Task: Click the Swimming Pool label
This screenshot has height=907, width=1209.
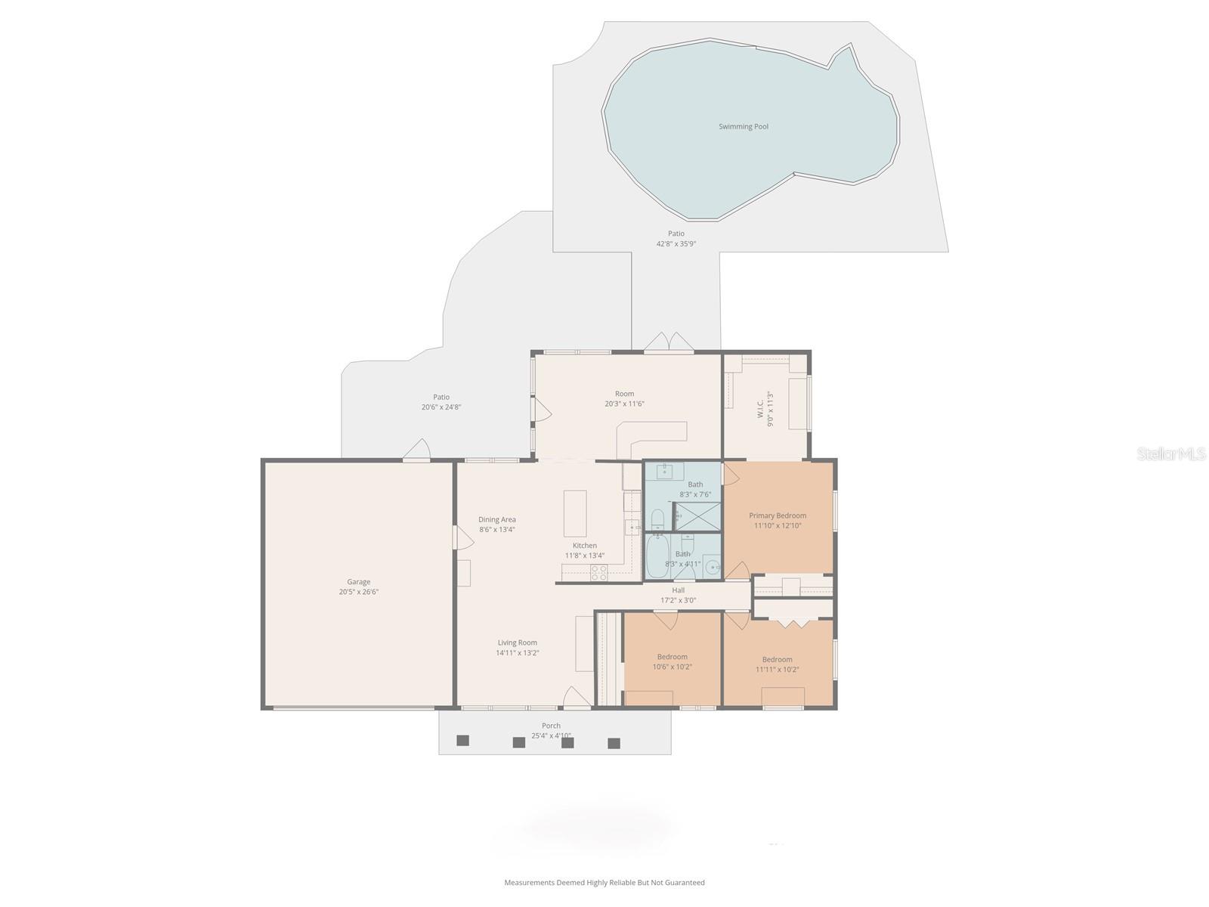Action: [743, 127]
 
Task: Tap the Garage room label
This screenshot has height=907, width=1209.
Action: [358, 582]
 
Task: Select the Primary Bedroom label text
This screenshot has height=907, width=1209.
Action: [778, 515]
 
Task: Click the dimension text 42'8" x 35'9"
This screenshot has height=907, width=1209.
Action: [676, 244]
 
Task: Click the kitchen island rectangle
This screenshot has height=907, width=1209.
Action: [575, 512]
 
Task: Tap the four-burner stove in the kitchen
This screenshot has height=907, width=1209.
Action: [598, 573]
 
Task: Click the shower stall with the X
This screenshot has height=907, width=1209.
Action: [697, 517]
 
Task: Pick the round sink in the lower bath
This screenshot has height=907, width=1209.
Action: [711, 566]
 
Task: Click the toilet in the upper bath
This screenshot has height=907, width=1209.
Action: [657, 519]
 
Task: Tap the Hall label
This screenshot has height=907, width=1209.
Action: [678, 590]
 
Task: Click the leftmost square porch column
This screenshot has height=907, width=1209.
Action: [463, 740]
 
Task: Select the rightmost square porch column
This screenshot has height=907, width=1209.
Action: [614, 743]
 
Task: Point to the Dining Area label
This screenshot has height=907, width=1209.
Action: [496, 519]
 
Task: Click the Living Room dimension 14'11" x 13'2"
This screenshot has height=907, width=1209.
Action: [517, 653]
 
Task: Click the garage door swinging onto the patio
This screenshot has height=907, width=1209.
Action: [417, 450]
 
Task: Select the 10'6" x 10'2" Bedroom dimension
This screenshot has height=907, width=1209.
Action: [672, 667]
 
